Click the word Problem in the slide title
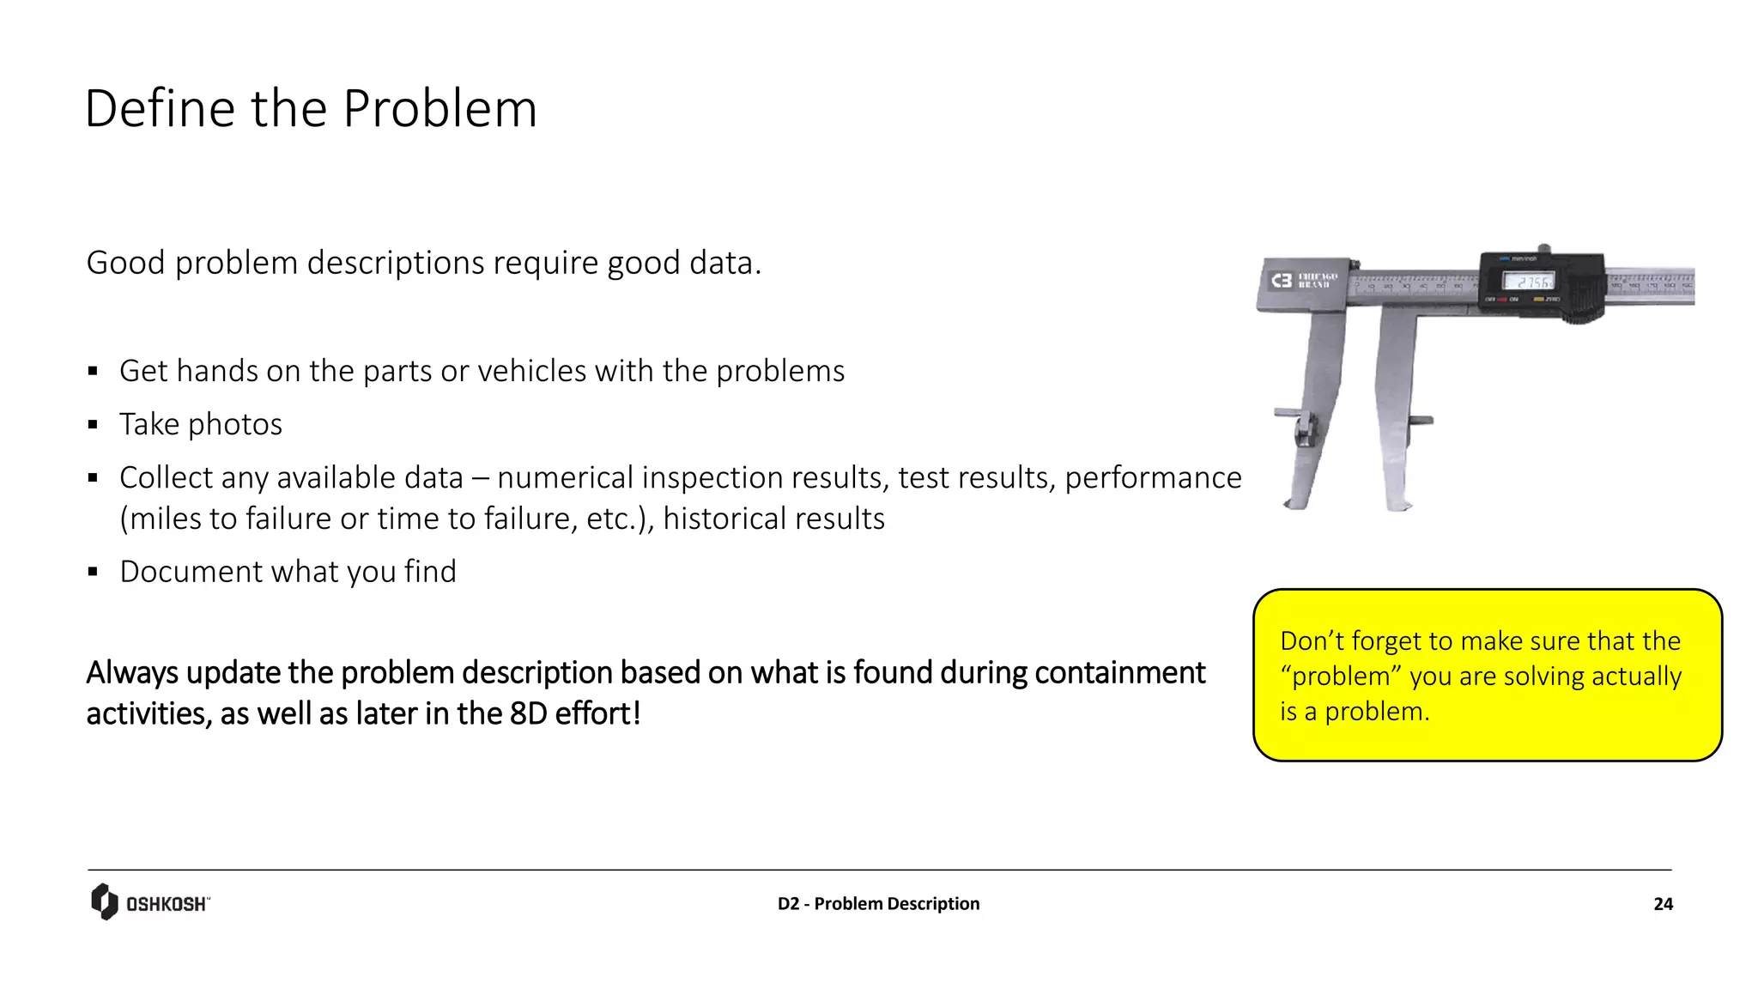coord(439,109)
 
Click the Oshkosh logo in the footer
coord(150,902)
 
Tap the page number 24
coord(1663,904)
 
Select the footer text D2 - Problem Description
coord(878,904)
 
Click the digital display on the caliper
coord(1527,282)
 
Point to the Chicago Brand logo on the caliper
coord(1304,281)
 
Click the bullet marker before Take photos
coord(93,425)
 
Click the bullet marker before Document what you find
coord(93,572)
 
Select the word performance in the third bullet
coord(1153,477)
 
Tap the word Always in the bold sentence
coord(132,672)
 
